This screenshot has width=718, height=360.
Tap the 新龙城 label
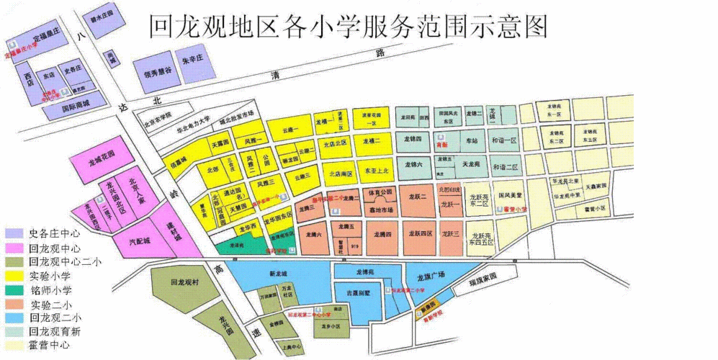(x=277, y=274)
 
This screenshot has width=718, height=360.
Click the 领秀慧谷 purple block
(x=157, y=72)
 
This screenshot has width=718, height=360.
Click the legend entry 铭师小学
(x=50, y=290)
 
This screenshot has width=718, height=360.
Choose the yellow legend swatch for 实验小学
(x=14, y=276)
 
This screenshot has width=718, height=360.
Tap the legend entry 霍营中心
(x=50, y=346)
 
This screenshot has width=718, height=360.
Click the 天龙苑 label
(x=472, y=164)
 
